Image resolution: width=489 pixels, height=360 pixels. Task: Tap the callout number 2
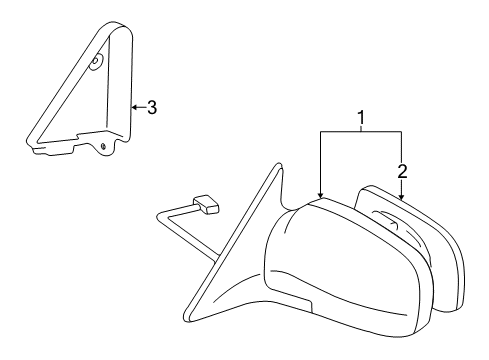[x=403, y=171]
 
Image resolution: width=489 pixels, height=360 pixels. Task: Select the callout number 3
[x=152, y=108]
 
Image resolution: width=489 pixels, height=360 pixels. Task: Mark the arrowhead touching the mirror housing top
[x=320, y=196]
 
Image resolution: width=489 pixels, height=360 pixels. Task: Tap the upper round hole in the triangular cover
[x=96, y=63]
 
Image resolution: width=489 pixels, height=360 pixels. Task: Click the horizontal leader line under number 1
[x=361, y=131]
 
